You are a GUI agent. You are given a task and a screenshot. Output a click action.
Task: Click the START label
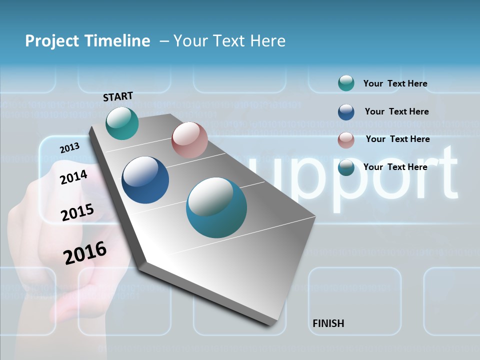(x=118, y=96)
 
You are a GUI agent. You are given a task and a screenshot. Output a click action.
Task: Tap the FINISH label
(x=328, y=323)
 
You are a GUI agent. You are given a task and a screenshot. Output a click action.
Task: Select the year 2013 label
(x=69, y=147)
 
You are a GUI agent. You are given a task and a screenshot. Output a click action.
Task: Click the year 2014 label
(x=73, y=177)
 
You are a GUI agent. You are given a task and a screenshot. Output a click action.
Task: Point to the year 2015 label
(x=77, y=212)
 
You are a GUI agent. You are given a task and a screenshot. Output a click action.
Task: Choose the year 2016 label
(x=85, y=252)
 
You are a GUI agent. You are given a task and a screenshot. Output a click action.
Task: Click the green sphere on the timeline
(x=122, y=123)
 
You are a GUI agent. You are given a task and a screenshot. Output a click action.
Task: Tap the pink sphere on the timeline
(x=189, y=140)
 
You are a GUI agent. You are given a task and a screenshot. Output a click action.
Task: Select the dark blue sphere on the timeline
(x=145, y=180)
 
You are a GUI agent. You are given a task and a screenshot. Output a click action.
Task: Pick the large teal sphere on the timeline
(x=216, y=207)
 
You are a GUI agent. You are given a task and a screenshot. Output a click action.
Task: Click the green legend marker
(x=346, y=83)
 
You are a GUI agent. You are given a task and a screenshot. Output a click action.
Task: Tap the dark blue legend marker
(x=346, y=112)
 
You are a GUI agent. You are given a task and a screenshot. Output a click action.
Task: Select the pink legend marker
(x=346, y=140)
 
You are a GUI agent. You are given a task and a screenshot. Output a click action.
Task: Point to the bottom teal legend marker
(x=346, y=168)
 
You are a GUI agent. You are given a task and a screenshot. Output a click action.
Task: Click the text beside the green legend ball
(x=395, y=83)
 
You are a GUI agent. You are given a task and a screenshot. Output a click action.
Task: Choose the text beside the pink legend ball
(x=397, y=139)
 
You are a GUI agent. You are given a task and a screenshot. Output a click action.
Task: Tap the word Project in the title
(x=52, y=41)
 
